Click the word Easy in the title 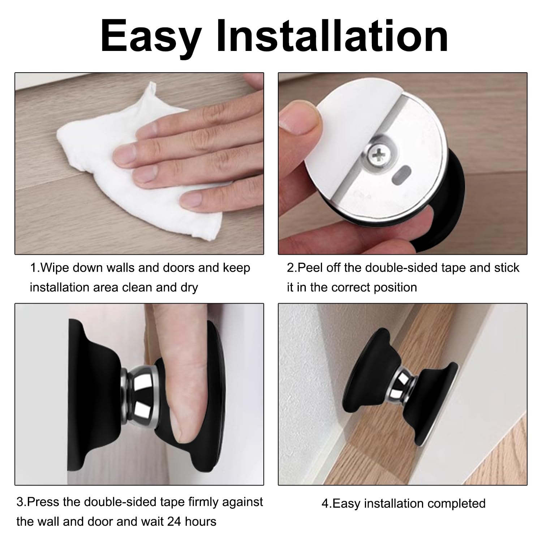[151, 36]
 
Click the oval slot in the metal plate [401, 175]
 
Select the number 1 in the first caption [33, 268]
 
